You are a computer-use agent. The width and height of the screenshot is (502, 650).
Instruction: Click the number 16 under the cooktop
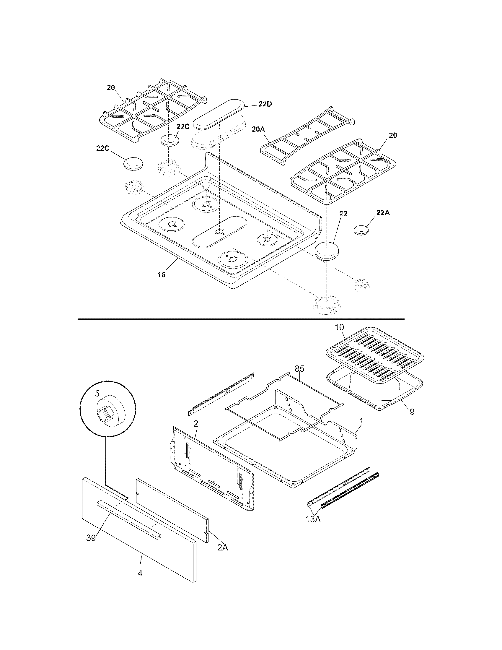(161, 274)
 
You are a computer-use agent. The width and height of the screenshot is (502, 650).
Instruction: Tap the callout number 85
(299, 369)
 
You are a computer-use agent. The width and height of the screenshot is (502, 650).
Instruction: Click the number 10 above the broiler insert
(339, 327)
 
